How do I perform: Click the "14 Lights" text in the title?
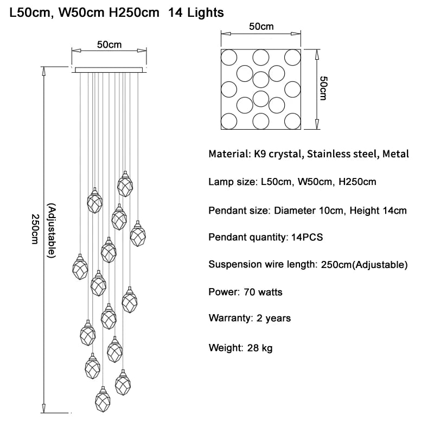196,12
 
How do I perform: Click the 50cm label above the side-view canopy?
109,45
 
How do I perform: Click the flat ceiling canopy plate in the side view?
109,69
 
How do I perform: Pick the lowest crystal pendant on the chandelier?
102,399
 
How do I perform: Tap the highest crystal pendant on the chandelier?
125,184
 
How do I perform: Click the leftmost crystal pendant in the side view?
80,267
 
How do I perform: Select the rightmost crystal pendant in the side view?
138,233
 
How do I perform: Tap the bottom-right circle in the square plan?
293,121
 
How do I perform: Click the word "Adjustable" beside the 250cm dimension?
52,230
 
